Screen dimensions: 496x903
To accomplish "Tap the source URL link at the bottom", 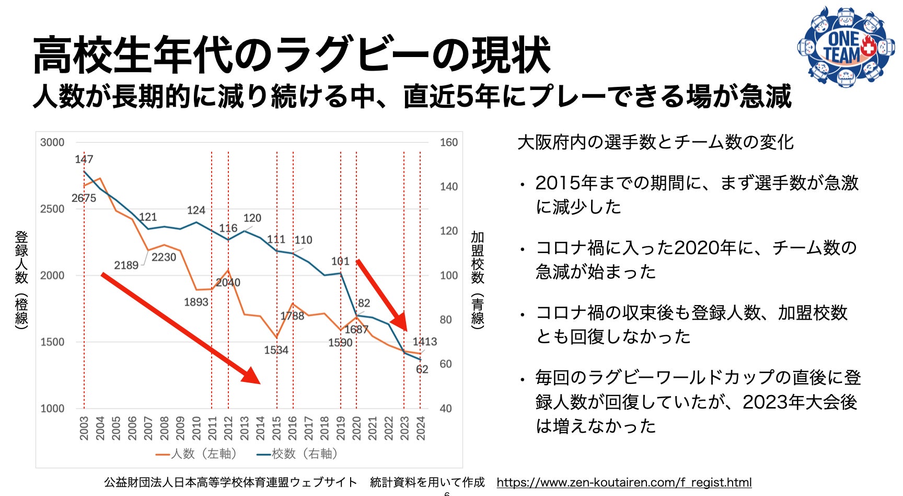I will pos(624,482).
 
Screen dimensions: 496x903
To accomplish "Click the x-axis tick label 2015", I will pos(276,428).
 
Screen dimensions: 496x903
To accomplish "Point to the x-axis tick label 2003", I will pos(84,428).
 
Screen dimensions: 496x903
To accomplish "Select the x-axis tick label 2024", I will pos(421,428).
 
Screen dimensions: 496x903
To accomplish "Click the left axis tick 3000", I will pos(52,142).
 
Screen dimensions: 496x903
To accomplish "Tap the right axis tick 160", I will pos(448,142).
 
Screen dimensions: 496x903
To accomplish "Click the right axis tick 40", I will pos(445,409).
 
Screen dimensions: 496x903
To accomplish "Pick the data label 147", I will pos(84,159).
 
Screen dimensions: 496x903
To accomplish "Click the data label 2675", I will pos(84,198).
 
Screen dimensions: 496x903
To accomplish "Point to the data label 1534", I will pos(276,350).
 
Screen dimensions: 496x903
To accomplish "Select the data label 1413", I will pos(424,342).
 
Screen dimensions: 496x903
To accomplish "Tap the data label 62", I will pos(422,369).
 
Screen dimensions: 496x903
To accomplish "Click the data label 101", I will pos(340,261).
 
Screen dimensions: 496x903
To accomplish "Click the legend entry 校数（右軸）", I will pos(298,454).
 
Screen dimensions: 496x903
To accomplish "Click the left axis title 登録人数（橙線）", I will pos(21,280).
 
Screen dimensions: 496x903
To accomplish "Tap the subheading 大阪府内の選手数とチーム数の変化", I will pos(655,142).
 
